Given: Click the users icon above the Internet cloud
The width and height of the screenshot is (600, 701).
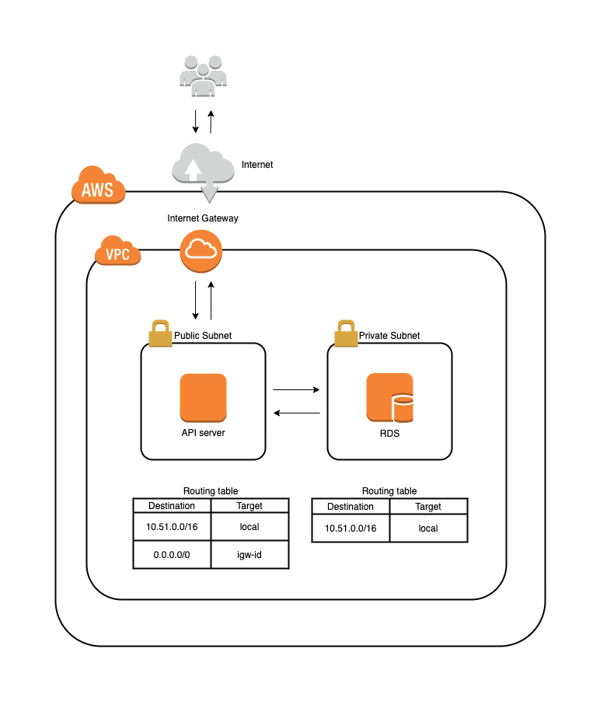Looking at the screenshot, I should point(203,76).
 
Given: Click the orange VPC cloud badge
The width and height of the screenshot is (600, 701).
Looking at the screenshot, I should point(118,252).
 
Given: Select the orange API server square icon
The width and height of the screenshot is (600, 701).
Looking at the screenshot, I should point(203,397).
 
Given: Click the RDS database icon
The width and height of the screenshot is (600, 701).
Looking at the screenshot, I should point(390,397).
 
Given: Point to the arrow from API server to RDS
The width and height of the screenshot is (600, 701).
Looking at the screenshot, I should point(296,389).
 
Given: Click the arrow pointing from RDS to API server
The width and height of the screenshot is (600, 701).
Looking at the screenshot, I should point(296,413).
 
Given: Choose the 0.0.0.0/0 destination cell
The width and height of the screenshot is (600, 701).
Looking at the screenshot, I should point(172,555).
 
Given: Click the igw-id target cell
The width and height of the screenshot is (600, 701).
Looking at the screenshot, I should point(249,555).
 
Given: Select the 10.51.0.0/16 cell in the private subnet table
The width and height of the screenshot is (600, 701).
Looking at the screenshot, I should point(351,528).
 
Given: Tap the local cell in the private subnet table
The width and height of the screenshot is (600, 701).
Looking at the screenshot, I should point(428,528).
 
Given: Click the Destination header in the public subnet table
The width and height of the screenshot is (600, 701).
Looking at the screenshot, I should point(172,506).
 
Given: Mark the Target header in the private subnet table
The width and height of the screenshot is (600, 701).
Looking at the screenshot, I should point(428,507).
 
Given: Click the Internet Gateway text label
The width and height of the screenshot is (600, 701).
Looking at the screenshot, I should point(203,218).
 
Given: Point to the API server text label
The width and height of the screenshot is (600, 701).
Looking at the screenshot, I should point(203,433).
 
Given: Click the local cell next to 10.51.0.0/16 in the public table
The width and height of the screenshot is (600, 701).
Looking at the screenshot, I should point(249,527).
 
